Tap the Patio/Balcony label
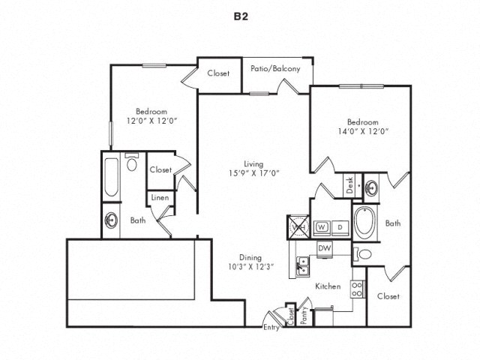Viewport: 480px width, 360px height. click(275, 69)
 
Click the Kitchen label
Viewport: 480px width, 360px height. click(328, 286)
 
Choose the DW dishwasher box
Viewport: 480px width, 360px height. click(325, 248)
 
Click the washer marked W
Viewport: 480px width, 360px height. click(320, 226)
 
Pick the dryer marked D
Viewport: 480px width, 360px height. click(339, 226)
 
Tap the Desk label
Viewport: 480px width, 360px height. click(349, 185)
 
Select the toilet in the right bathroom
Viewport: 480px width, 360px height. click(363, 255)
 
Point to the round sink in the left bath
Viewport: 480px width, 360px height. click(112, 221)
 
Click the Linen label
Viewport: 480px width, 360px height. click(160, 197)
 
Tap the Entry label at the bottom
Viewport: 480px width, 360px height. click(271, 328)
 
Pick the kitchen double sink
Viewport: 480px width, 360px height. click(304, 265)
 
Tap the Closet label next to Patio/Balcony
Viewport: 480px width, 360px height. click(219, 74)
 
